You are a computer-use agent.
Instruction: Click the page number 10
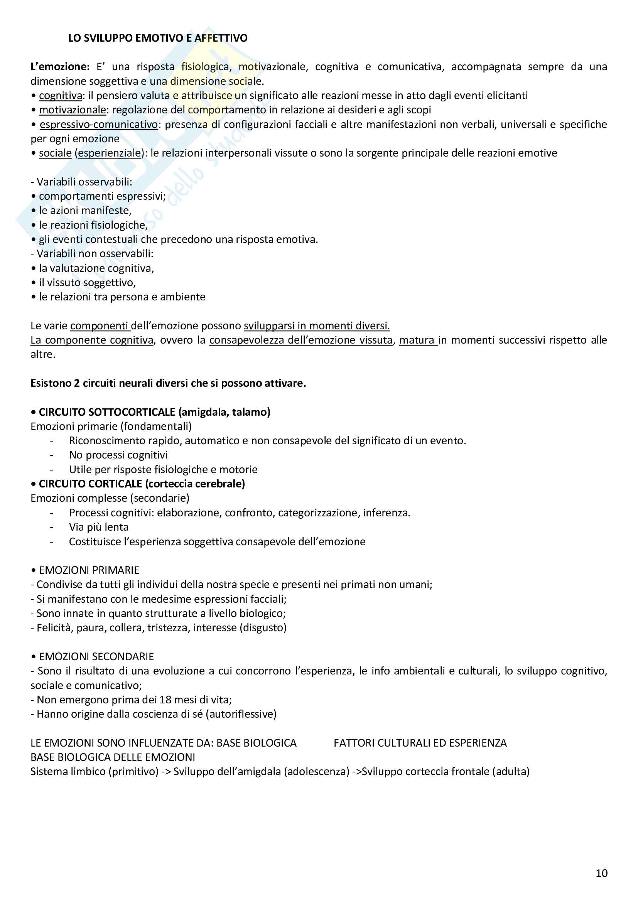[x=601, y=873]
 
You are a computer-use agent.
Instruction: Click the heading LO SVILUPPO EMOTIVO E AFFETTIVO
[x=158, y=38]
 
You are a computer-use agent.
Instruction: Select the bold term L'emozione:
[x=60, y=67]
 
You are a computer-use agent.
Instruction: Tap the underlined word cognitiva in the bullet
[x=61, y=96]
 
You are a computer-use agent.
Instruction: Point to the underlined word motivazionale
[x=72, y=110]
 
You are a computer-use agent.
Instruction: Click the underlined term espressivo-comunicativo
[x=99, y=125]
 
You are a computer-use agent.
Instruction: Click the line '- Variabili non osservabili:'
[x=92, y=254]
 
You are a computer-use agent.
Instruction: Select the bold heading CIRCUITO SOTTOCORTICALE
[x=107, y=412]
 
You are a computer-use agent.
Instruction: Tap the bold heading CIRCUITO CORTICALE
[x=90, y=484]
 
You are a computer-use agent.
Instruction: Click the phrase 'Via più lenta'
[x=99, y=527]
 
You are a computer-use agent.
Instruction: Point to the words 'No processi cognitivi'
[x=118, y=455]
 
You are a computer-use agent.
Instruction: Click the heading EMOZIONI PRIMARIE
[x=89, y=570]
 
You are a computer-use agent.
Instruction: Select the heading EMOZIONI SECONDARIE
[x=96, y=656]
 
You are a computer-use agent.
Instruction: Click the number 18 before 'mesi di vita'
[x=165, y=700]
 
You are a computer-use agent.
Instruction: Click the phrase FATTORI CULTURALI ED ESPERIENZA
[x=420, y=743]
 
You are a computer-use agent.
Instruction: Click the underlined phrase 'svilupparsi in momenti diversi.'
[x=317, y=326]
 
